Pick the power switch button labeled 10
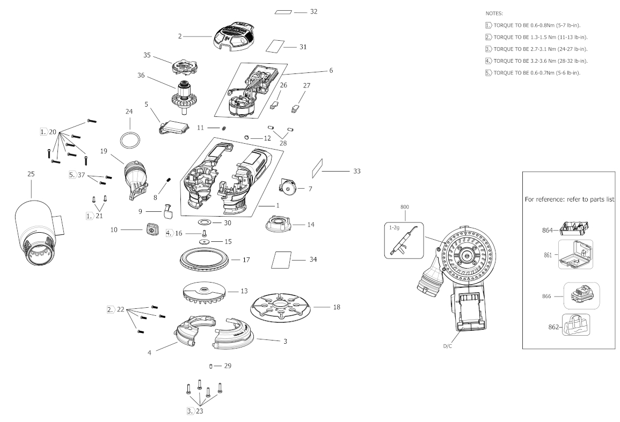tap(151, 229)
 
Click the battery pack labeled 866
tap(581, 295)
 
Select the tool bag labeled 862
tap(575, 325)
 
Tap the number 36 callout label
tap(141, 75)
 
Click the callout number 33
tap(356, 171)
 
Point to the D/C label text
tap(447, 346)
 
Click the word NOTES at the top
tap(494, 13)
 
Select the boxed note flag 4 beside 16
tap(169, 233)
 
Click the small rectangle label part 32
tap(283, 12)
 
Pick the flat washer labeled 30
tap(205, 223)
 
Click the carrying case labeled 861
tap(575, 255)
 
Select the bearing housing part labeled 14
tap(279, 225)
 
